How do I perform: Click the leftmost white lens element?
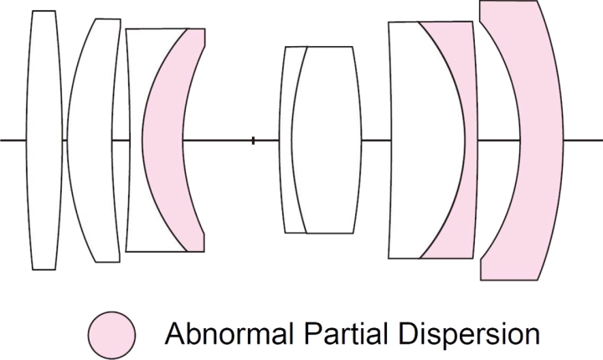click(44, 140)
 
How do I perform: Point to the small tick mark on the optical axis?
click(253, 141)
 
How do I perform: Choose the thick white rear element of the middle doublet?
click(327, 140)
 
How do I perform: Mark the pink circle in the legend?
click(111, 335)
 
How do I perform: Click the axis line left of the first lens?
click(13, 141)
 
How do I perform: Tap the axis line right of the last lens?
click(583, 141)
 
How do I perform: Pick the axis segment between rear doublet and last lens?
click(499, 141)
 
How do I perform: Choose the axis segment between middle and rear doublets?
click(376, 141)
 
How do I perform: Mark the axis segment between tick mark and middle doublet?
click(266, 141)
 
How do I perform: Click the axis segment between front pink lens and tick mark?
click(217, 141)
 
